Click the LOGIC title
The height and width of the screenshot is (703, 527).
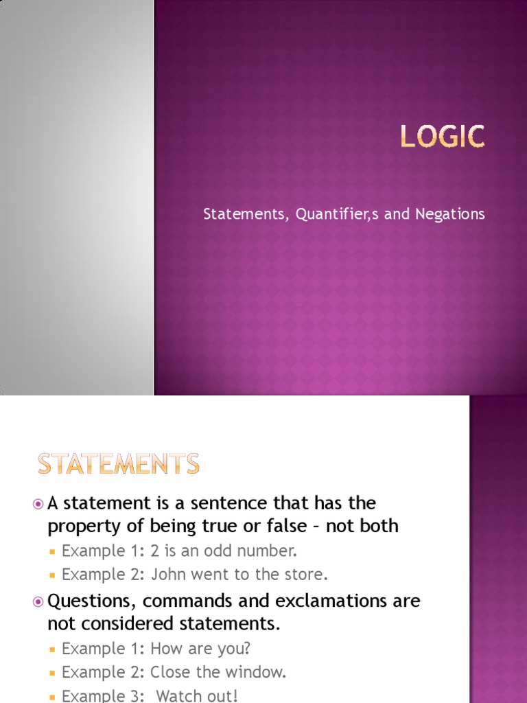(x=443, y=137)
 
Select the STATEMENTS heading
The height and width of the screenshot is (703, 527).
(x=119, y=465)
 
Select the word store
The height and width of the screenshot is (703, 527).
(x=299, y=574)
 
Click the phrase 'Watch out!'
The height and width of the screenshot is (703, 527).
(x=198, y=695)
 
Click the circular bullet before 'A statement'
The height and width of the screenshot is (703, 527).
(x=38, y=504)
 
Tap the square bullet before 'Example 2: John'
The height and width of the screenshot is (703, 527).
(x=52, y=575)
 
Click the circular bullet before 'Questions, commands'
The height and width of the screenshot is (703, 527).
(x=38, y=601)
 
